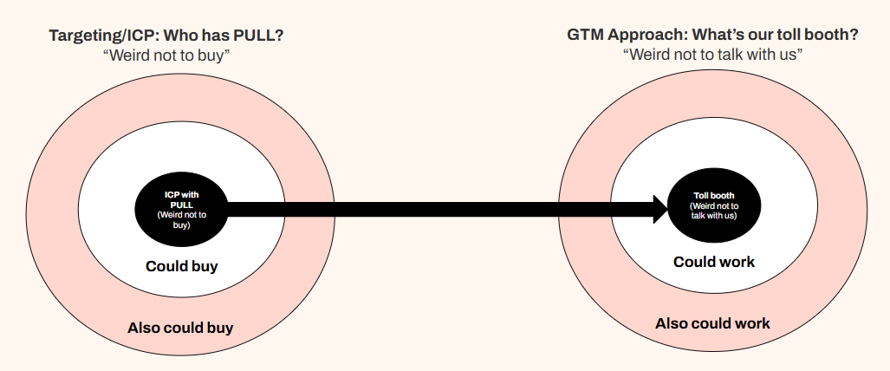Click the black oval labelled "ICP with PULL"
click(180, 209)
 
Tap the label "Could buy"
click(181, 266)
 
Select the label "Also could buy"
click(180, 329)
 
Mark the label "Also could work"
click(712, 323)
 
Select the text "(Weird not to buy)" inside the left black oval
click(180, 218)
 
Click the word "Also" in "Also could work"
click(672, 323)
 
